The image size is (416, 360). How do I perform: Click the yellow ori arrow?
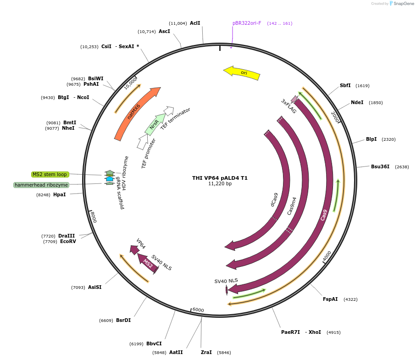click(242, 73)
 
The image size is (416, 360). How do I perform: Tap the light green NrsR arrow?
click(155, 123)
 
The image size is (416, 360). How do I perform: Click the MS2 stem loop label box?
click(50, 174)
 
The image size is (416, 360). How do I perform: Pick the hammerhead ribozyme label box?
click(41, 185)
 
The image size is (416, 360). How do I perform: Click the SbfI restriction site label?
click(345, 85)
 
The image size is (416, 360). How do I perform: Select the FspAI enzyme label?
click(330, 299)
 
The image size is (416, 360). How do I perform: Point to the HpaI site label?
click(59, 194)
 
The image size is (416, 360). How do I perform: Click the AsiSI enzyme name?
click(94, 287)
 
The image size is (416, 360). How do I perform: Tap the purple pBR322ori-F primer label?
click(247, 23)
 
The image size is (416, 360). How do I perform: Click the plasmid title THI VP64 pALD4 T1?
click(220, 178)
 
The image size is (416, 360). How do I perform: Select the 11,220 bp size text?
click(220, 184)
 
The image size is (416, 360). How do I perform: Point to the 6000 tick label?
click(198, 310)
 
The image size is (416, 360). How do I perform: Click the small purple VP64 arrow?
click(134, 249)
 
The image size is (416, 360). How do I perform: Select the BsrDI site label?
click(123, 320)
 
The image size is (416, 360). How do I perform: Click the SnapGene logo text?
click(404, 4)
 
